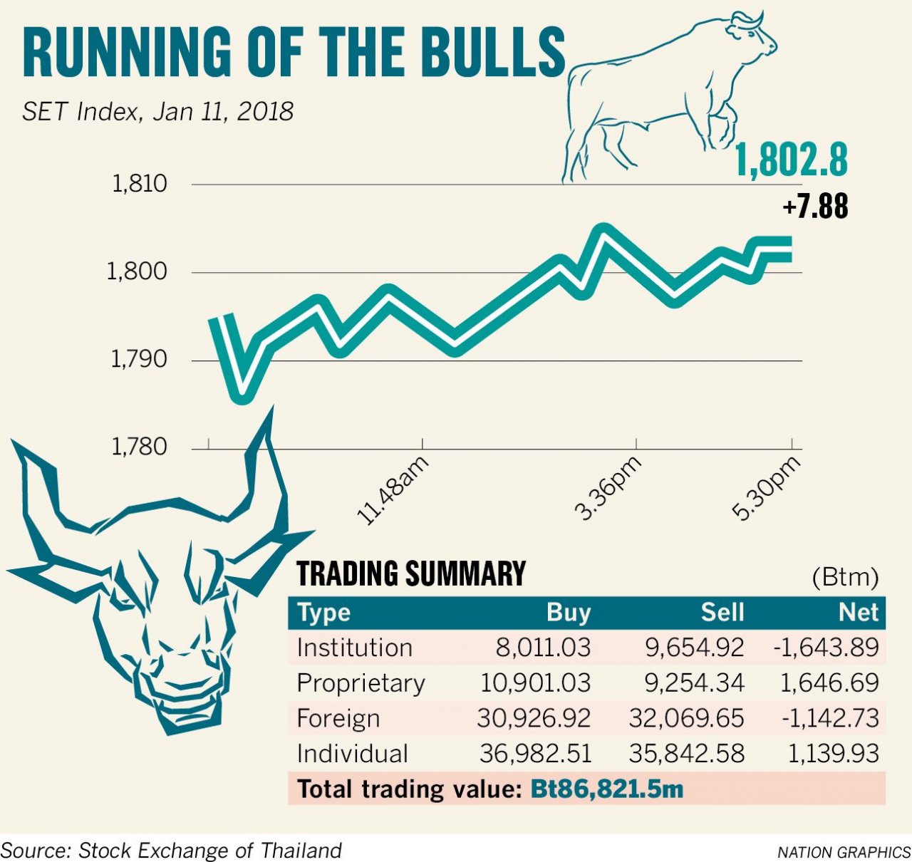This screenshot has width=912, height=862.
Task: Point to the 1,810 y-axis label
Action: point(140,184)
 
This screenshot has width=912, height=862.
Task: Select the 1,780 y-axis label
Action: point(140,447)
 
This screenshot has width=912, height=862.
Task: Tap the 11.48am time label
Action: point(393,490)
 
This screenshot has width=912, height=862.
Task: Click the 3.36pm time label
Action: point(608,488)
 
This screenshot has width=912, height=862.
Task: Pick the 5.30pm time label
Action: point(766,488)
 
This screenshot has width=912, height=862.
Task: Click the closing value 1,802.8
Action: point(791,160)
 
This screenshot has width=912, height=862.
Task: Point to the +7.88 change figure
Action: point(815,207)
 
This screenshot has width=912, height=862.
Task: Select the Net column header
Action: point(859,613)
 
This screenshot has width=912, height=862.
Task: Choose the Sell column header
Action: point(722,613)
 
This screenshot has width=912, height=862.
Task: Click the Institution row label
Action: point(355,648)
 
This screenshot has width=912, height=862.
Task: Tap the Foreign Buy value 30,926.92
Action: point(534,718)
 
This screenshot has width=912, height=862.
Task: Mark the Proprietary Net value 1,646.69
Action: point(829,682)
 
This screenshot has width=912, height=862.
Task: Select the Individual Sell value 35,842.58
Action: point(686,753)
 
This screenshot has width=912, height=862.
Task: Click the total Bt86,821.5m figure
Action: point(607,789)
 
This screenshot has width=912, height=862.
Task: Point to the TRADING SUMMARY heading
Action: point(411,574)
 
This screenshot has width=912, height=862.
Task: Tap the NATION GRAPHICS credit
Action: point(844,852)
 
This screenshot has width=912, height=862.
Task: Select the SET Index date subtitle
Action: point(157,112)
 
